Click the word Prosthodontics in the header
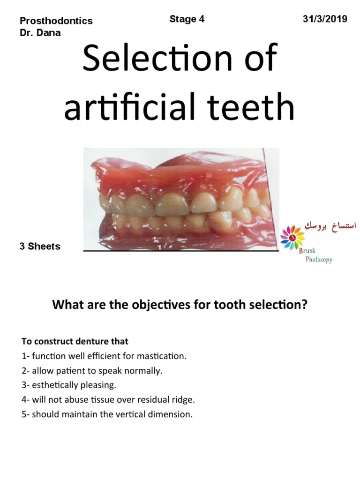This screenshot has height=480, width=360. tap(56, 21)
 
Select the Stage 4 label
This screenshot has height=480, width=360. tap(187, 19)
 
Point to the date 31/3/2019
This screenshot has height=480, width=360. tap(325, 19)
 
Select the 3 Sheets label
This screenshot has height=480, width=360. tap(40, 247)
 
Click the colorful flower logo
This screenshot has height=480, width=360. tap(292, 237)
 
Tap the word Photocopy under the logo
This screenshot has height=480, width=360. tap(319, 260)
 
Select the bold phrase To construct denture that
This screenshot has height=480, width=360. tap(75, 341)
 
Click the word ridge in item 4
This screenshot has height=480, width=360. tap(183, 400)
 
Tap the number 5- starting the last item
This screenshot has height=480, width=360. tap(26, 415)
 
